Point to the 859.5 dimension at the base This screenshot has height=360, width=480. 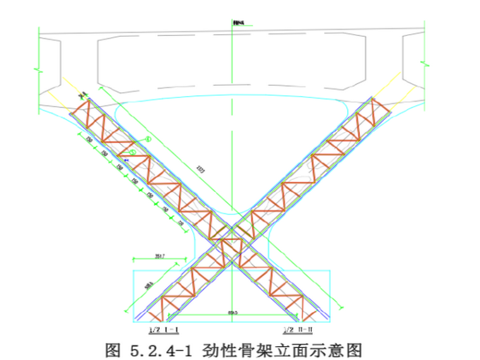233,313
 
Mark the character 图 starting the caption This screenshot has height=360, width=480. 114,349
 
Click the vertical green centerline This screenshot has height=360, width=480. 233,158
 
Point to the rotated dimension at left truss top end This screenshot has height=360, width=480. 81,95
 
